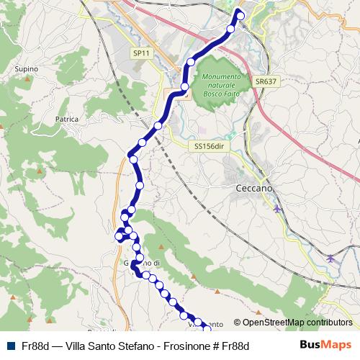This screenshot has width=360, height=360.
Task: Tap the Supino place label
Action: coord(26,69)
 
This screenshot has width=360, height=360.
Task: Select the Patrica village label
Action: coord(66,120)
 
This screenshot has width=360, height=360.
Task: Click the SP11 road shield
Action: coord(141,53)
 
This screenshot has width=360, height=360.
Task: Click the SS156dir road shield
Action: coord(210,145)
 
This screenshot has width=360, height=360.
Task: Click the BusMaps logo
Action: coord(325,345)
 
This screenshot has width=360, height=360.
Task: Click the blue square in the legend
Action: coord(12,346)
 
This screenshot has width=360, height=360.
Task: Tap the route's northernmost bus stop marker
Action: coord(240,16)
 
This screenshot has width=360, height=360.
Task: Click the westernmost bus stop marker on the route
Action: coord(120,235)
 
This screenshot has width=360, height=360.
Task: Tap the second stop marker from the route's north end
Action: coord(231,29)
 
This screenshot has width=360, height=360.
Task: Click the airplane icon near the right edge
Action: coord(330,257)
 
